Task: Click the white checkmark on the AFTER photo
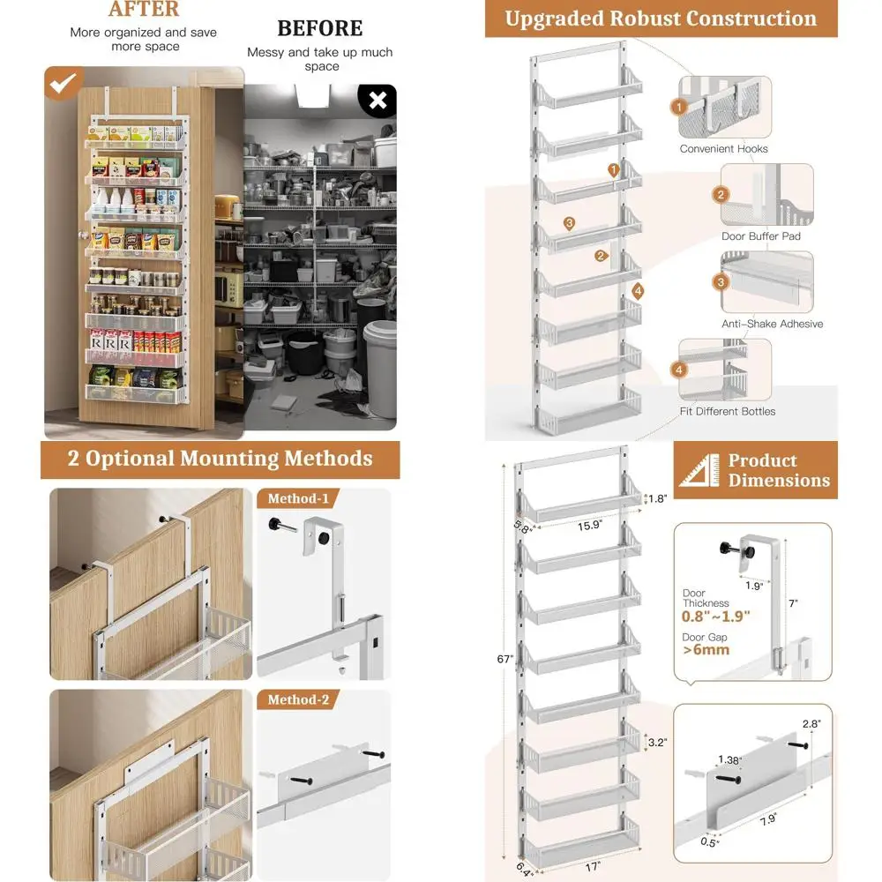[62, 86]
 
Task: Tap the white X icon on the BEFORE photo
[378, 101]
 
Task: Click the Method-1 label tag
[298, 499]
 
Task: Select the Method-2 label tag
[298, 700]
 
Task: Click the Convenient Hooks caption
[723, 149]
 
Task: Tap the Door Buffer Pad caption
[762, 236]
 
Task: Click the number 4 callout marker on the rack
[638, 291]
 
